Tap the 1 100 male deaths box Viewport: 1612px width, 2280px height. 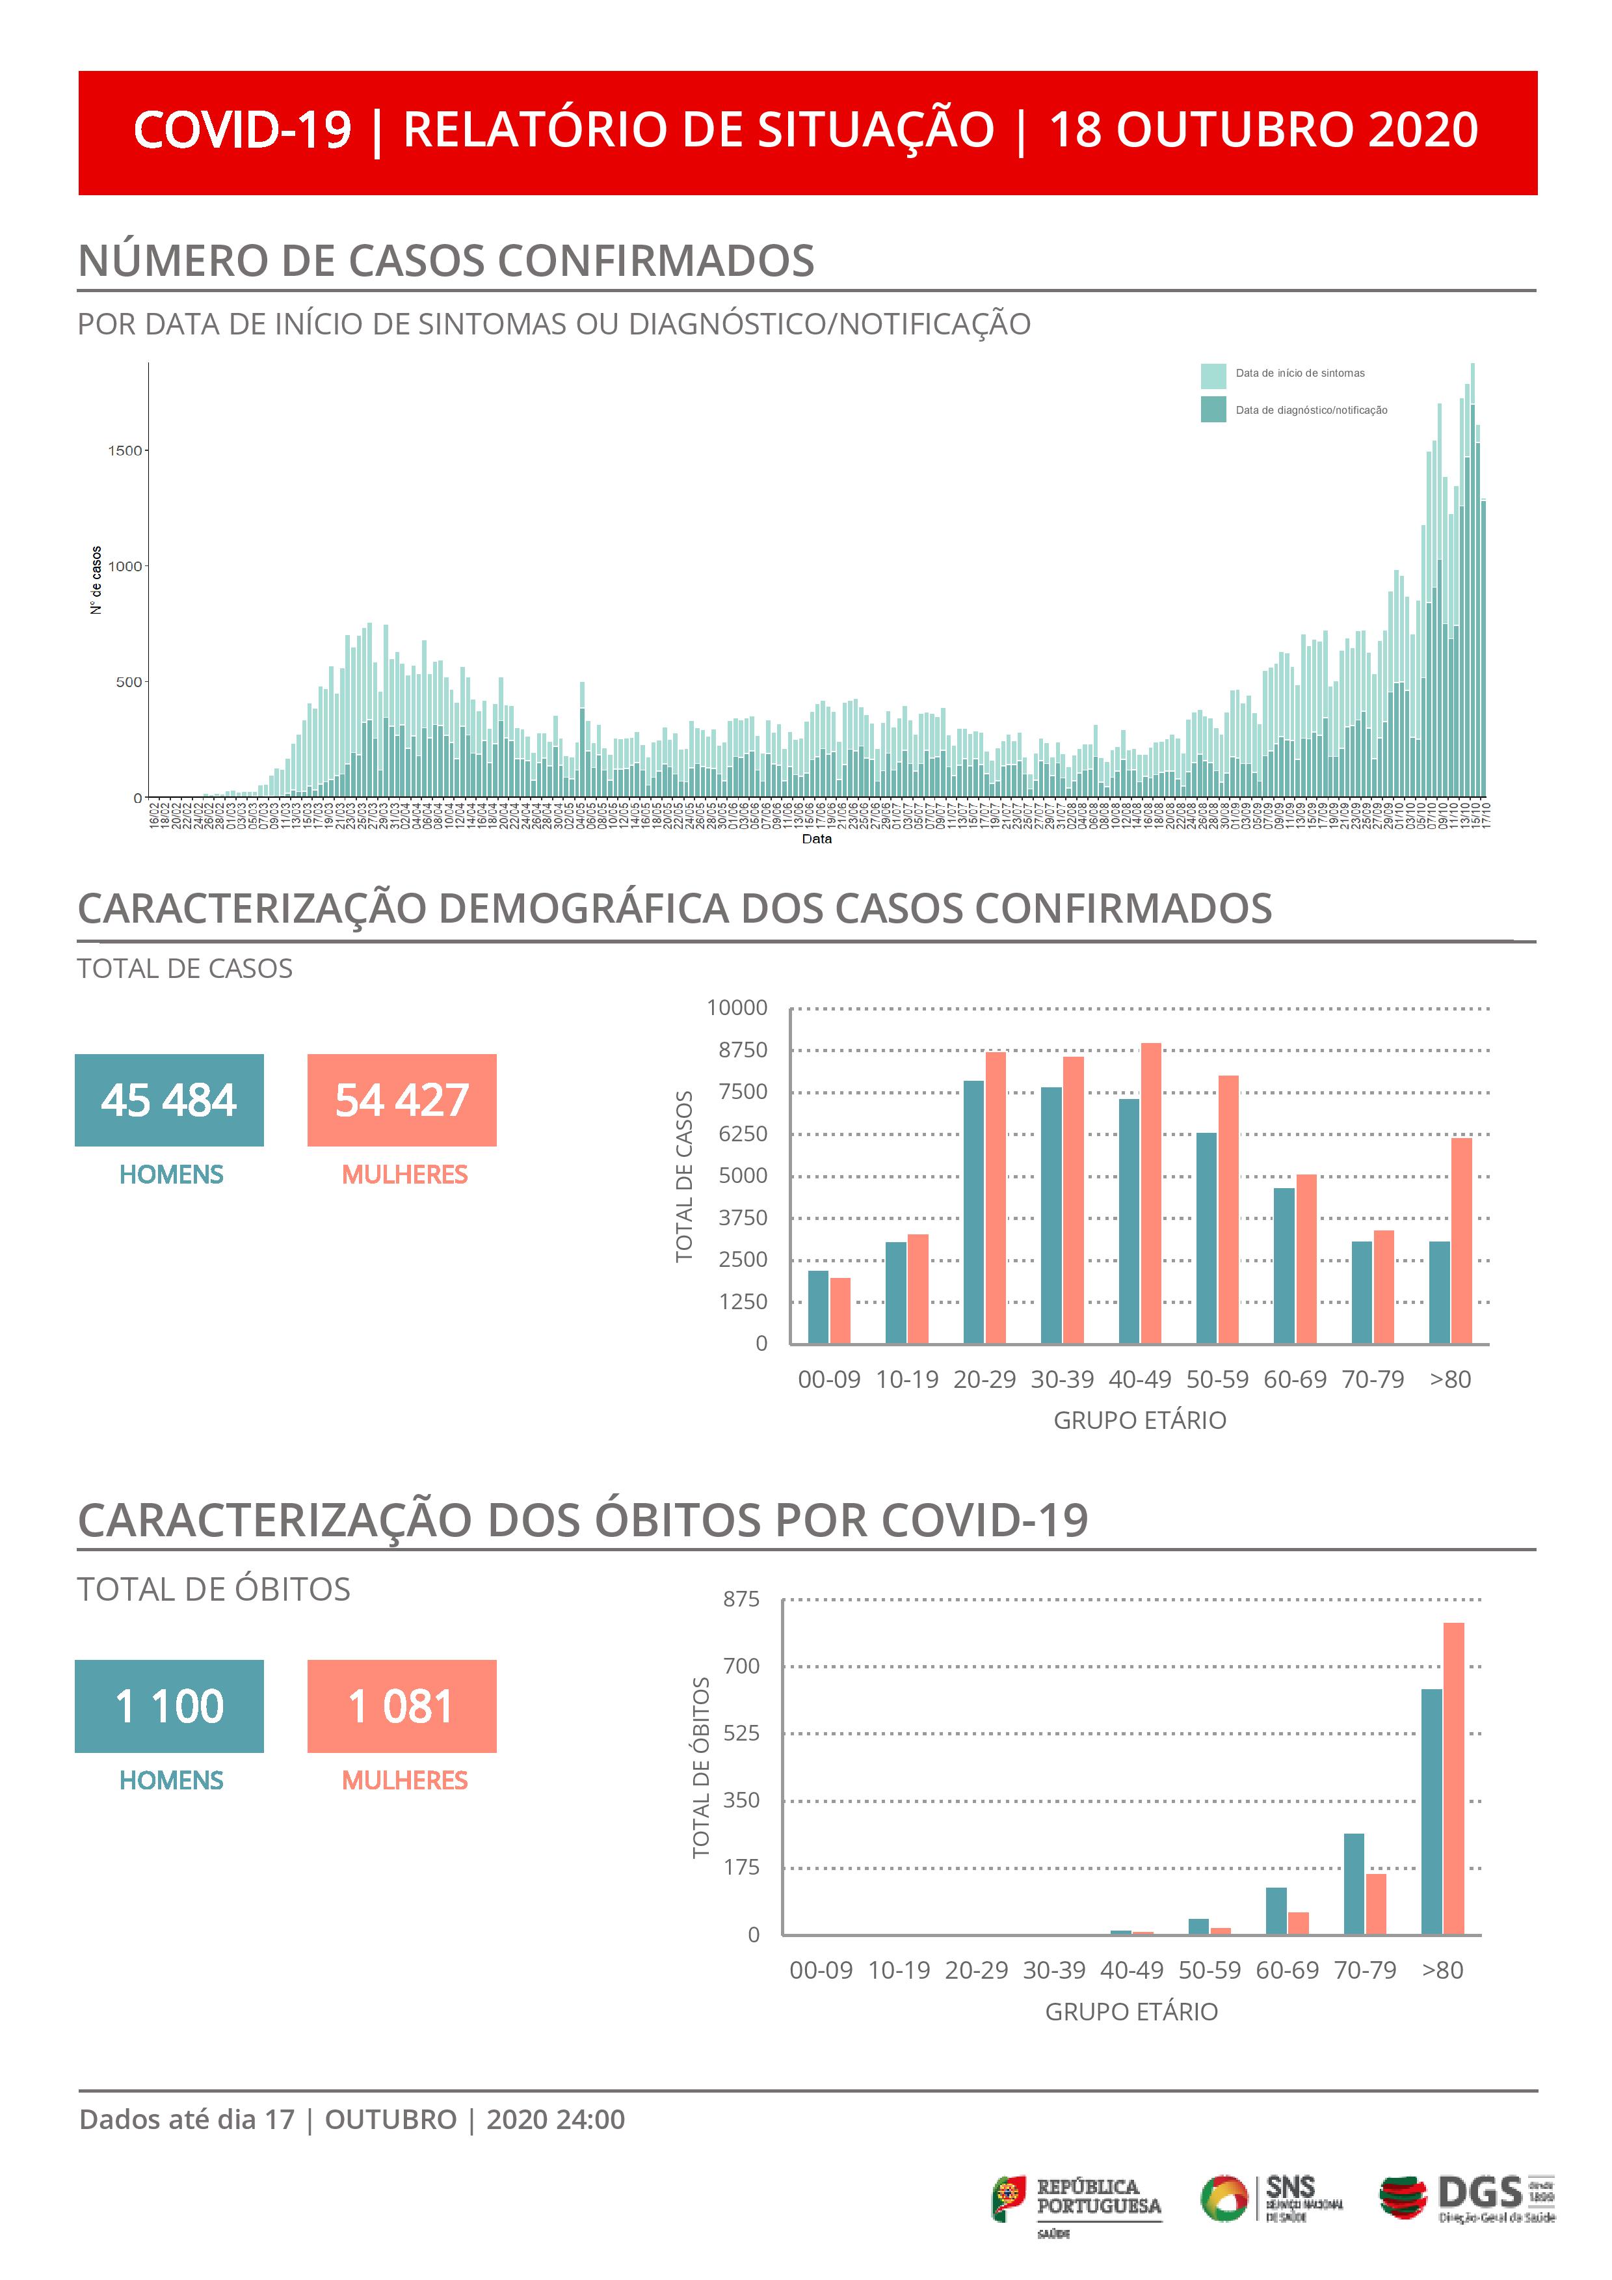coord(169,1706)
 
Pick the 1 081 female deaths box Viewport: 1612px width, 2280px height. coord(402,1706)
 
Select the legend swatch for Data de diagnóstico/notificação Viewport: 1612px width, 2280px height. coord(1213,409)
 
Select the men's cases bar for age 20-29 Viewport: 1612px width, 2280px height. coord(973,1212)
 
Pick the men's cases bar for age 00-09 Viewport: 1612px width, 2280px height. coord(818,1307)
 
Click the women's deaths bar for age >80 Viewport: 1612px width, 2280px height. coord(1453,1778)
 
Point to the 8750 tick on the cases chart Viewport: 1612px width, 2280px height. coord(743,1050)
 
